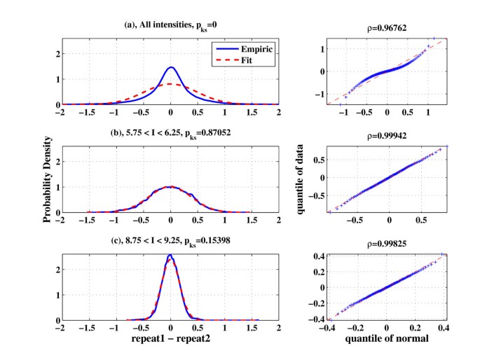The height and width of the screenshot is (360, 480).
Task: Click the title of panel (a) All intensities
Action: click(x=171, y=26)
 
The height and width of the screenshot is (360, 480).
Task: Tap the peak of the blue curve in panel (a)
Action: click(x=171, y=68)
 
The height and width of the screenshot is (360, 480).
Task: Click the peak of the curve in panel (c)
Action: click(x=170, y=255)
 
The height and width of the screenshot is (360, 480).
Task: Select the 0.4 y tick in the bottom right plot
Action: click(x=320, y=257)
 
